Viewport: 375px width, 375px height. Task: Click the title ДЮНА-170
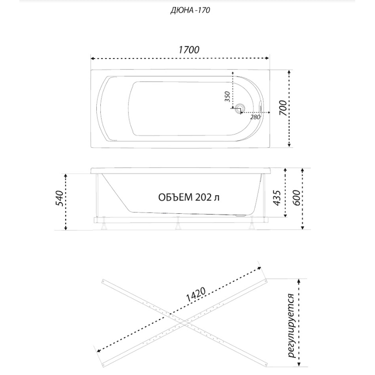point(190,11)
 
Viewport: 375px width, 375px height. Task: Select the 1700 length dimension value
point(189,50)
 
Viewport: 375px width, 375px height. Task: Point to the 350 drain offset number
point(227,97)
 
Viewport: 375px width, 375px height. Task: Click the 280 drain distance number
point(255,117)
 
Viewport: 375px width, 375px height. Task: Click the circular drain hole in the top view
point(239,108)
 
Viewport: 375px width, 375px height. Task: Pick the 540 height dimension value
point(59,199)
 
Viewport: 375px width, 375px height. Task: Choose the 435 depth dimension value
point(277,198)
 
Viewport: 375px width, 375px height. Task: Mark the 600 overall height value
point(296,198)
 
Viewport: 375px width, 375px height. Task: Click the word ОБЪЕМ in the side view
point(176,198)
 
